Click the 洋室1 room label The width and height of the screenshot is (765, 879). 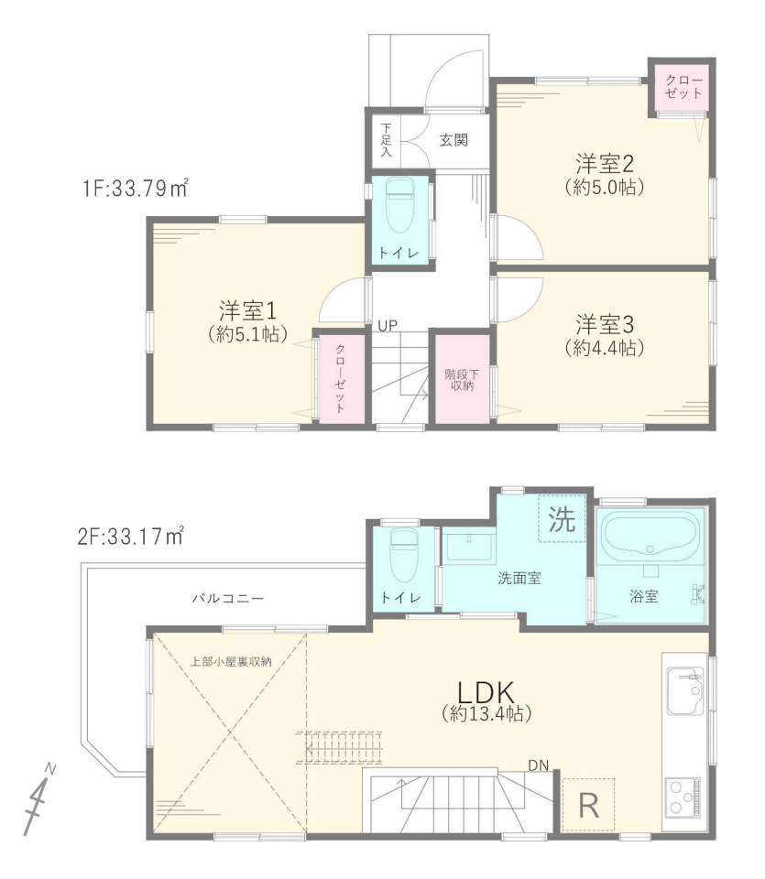coord(247,310)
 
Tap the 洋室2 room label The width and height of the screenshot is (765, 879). coord(605,164)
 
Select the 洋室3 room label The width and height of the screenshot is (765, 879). coord(605,324)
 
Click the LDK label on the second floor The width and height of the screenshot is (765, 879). coord(486,692)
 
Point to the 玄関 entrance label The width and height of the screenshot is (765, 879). coord(454,139)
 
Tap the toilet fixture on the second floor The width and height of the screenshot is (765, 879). coord(404,555)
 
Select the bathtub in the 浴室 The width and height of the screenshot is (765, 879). coord(650,534)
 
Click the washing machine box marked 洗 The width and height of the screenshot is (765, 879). coord(562,519)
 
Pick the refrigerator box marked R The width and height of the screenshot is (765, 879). coord(588,805)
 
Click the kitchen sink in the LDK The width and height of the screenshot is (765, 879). coord(684,690)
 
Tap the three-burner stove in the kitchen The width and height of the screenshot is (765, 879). coord(682,797)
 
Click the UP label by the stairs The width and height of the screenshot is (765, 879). coord(388,326)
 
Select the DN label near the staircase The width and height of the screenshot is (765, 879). coord(539,765)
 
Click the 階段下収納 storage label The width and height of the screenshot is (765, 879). coord(462,379)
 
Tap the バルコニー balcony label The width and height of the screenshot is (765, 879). coord(228,598)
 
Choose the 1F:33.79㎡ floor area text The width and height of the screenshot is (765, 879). coord(136,187)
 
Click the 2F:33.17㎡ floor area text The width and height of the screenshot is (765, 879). coord(131,536)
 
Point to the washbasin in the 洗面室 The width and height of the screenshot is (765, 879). coord(469,546)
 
